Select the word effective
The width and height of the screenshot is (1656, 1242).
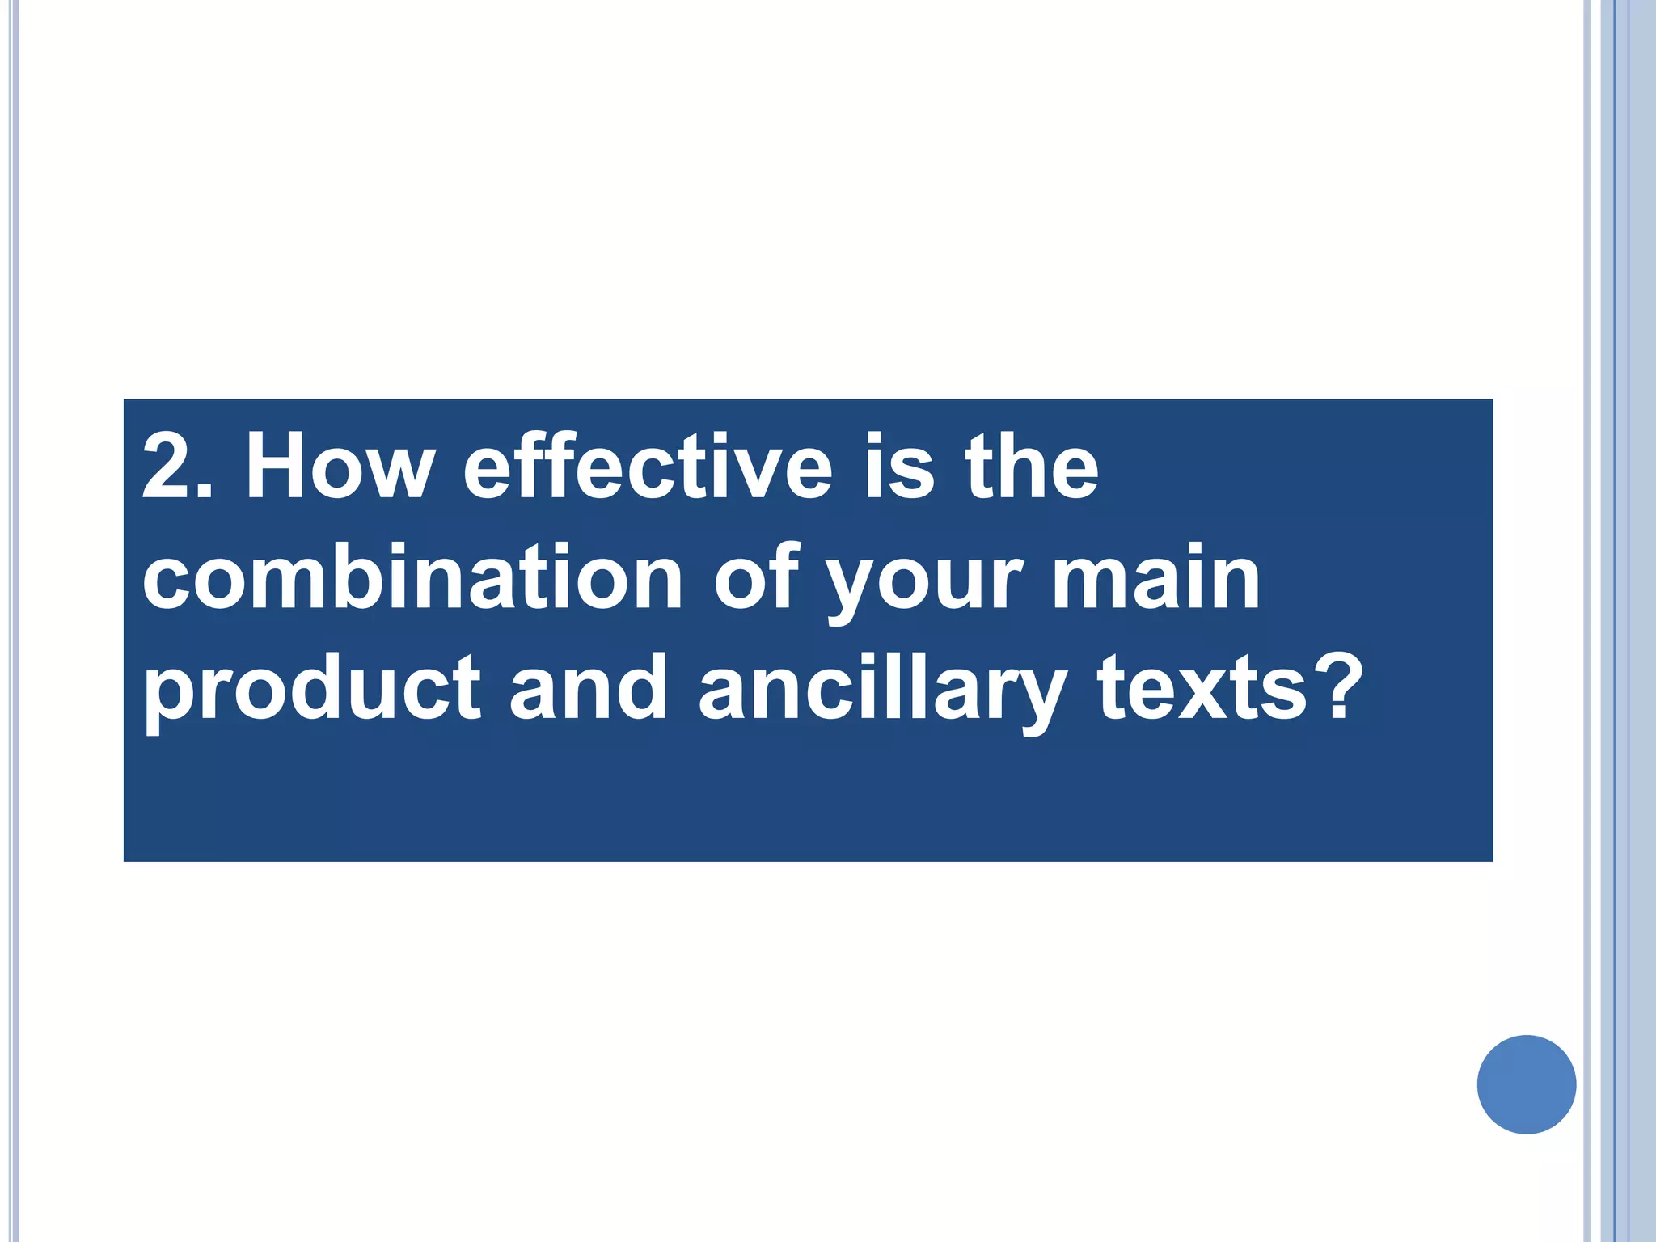[647, 467]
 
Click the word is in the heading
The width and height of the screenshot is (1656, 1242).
[898, 467]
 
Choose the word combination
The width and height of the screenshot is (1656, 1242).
[412, 577]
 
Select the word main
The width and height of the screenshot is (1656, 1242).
[1155, 577]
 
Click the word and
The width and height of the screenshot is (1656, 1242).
[588, 687]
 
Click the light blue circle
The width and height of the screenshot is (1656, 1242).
[1526, 1084]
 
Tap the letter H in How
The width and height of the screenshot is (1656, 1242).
[280, 467]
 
